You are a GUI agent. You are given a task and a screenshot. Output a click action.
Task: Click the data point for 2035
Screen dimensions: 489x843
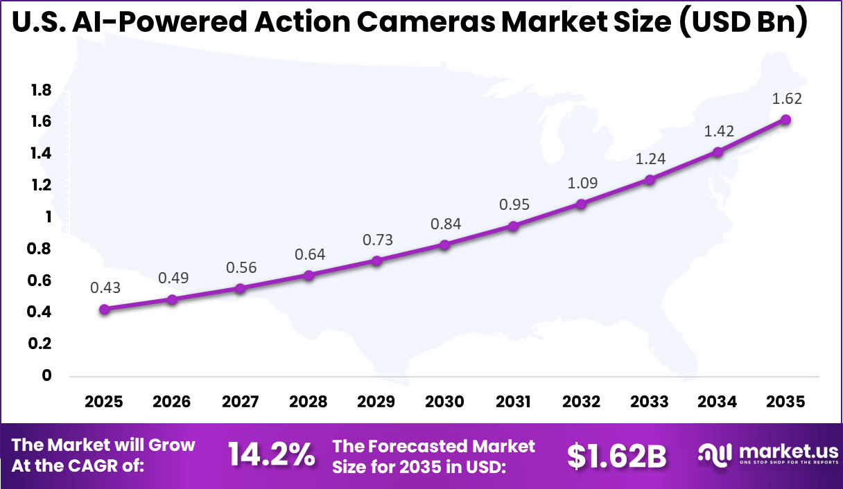(785, 119)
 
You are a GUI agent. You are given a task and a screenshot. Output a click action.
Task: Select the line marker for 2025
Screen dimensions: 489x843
(104, 310)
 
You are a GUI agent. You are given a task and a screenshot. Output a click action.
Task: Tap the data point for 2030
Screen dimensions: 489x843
(444, 244)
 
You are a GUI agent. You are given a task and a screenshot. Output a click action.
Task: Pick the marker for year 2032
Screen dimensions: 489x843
(581, 204)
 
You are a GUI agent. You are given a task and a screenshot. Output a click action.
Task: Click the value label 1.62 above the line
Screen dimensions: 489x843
(787, 98)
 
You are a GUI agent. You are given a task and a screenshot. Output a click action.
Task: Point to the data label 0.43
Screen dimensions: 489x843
(105, 288)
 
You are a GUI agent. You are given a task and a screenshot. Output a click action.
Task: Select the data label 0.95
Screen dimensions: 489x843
(513, 205)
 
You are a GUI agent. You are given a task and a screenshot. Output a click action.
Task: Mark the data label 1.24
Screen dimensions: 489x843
(650, 159)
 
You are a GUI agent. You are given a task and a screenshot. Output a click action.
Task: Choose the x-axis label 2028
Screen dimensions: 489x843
(308, 402)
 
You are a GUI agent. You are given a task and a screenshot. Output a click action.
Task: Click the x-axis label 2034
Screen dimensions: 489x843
(718, 402)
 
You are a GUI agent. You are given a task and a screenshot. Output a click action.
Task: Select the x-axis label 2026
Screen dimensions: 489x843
(172, 402)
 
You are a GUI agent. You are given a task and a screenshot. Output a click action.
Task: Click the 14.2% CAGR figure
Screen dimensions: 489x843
(272, 455)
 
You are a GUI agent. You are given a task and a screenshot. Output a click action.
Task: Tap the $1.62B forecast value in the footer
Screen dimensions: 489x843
(616, 456)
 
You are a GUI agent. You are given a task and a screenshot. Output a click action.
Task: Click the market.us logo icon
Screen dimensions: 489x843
(714, 455)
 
